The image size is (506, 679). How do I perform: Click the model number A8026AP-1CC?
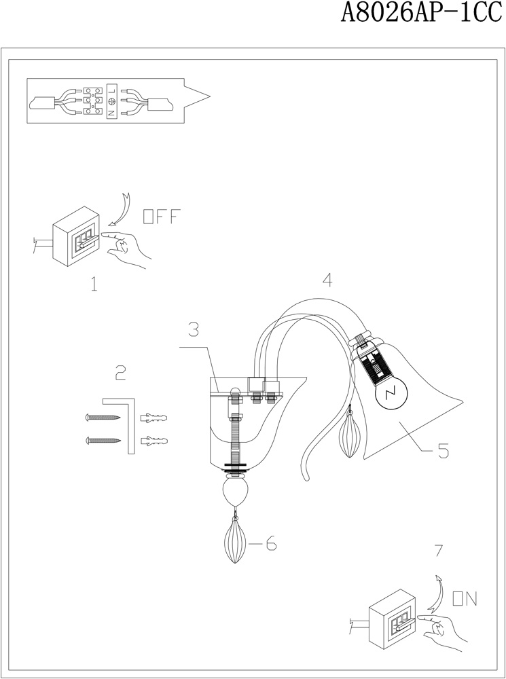[x=422, y=13]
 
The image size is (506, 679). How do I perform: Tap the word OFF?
[x=161, y=217]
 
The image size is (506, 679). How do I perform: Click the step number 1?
[x=94, y=284]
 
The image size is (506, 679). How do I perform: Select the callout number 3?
[x=194, y=329]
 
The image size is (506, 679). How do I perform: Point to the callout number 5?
[x=443, y=451]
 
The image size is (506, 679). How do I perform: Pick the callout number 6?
[x=271, y=543]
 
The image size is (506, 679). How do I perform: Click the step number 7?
[x=439, y=551]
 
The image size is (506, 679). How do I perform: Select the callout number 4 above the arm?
[x=327, y=280]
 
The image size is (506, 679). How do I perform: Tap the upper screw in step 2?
[x=103, y=418]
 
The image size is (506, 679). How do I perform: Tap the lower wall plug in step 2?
[x=153, y=441]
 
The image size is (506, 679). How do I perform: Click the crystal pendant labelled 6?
[x=235, y=540]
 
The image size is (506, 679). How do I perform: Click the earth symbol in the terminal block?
[x=111, y=101]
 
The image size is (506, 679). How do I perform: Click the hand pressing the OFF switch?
[x=126, y=248]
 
